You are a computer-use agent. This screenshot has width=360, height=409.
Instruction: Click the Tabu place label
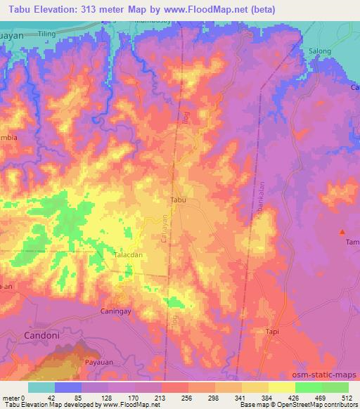[x=179, y=200]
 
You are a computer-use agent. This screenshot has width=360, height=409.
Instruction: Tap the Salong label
[x=320, y=51]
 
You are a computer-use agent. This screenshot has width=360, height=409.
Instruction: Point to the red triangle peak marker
[x=343, y=231]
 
